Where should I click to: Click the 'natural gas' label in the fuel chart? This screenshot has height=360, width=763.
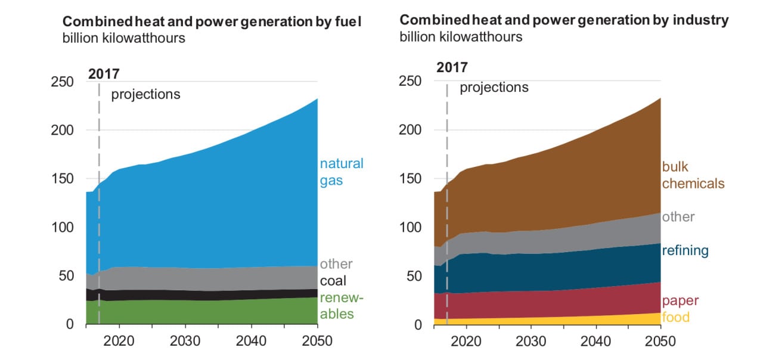click(341, 172)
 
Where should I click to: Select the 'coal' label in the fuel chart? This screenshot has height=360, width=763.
click(333, 281)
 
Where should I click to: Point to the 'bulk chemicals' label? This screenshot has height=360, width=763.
click(693, 175)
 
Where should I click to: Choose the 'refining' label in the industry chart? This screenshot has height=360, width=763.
click(685, 250)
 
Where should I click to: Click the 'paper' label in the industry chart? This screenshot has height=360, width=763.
click(680, 301)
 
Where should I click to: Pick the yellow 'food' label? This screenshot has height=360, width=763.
click(675, 317)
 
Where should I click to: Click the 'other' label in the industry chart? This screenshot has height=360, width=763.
click(678, 216)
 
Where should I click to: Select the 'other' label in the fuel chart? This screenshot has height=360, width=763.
click(336, 263)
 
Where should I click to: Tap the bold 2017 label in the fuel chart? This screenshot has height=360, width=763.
click(104, 75)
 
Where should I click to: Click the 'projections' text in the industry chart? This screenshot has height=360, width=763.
click(494, 88)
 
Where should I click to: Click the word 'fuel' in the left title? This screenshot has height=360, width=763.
click(350, 22)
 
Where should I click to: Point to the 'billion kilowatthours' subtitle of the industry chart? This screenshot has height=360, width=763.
click(461, 37)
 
